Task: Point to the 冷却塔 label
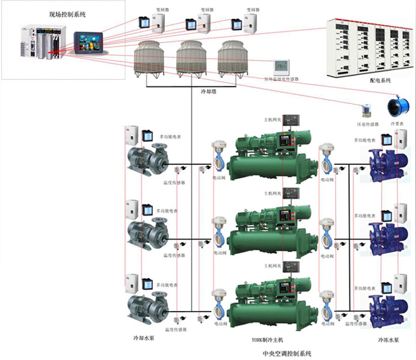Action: pos(208,92)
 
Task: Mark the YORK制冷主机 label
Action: pos(267,340)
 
